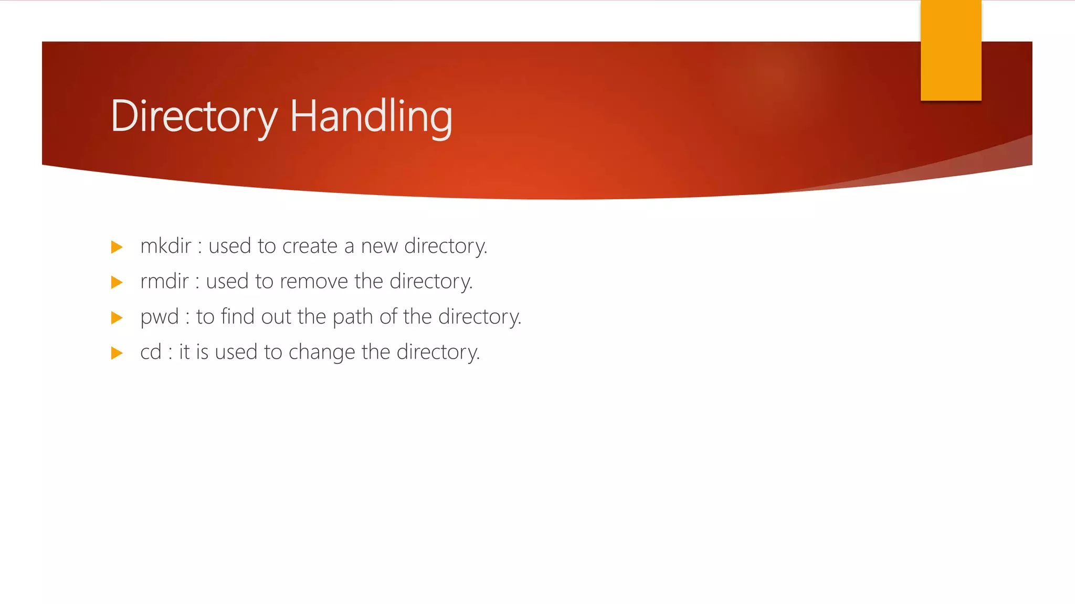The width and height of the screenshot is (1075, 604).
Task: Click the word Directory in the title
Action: click(x=194, y=116)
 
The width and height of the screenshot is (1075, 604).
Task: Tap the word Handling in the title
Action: click(x=371, y=116)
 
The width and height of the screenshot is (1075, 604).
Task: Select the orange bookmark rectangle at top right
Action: click(x=951, y=50)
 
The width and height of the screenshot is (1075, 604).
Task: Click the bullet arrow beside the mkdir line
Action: click(x=117, y=247)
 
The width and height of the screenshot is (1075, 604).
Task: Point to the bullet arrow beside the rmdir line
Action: click(x=117, y=283)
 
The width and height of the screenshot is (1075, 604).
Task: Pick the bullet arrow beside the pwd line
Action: click(x=117, y=318)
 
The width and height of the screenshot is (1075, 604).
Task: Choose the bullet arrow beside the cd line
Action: click(x=117, y=353)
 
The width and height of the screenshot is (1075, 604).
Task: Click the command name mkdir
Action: click(x=166, y=246)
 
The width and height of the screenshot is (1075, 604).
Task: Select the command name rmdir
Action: click(x=164, y=282)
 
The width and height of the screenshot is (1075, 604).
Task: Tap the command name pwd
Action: click(x=160, y=317)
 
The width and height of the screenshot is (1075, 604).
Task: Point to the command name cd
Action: click(x=151, y=352)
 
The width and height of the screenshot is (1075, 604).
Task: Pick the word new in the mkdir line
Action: click(x=379, y=246)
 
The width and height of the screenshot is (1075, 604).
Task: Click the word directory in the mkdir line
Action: click(x=445, y=246)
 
